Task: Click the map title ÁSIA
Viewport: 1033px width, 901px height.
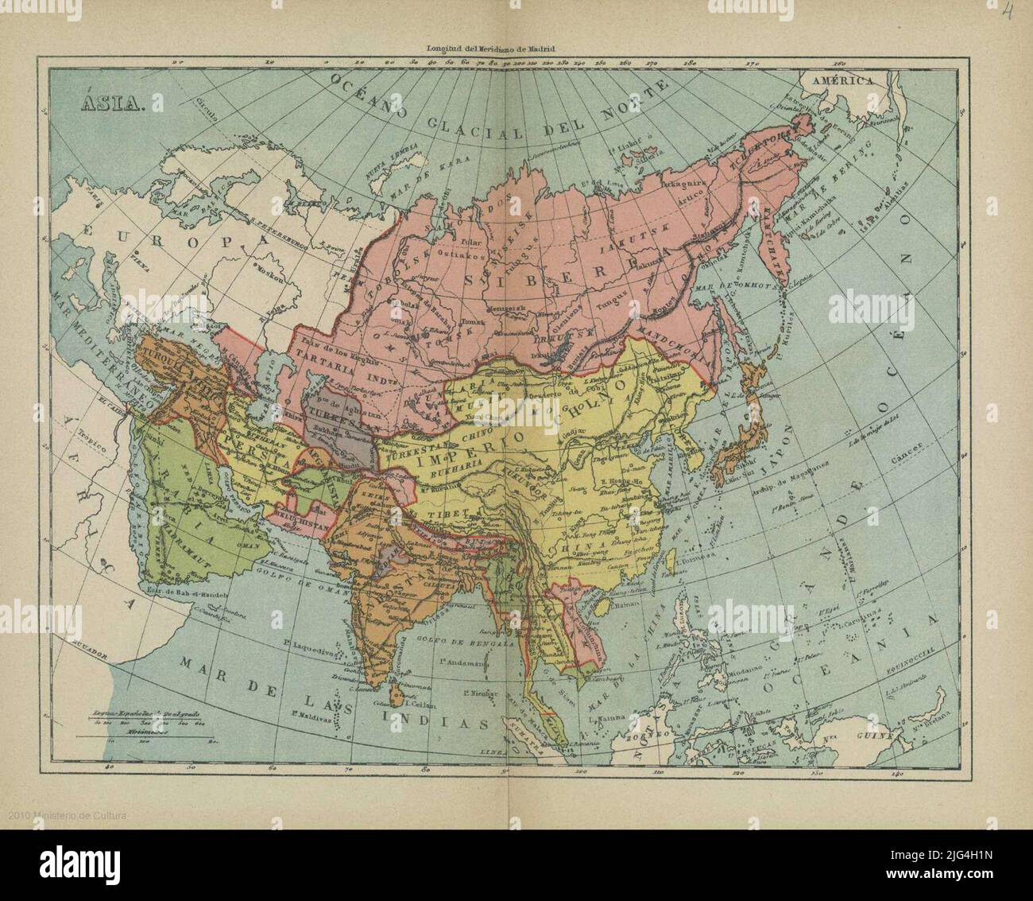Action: coord(110,103)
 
